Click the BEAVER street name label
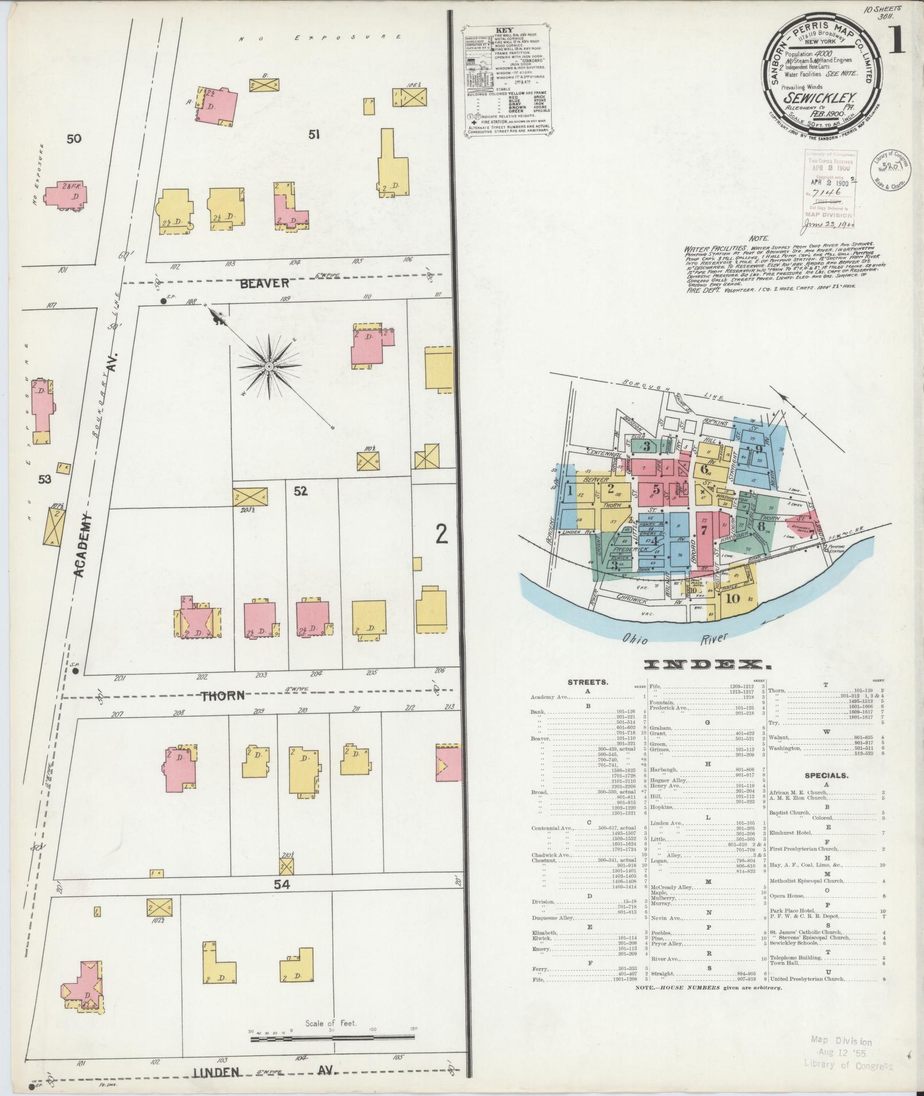click(x=265, y=283)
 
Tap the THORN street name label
click(x=223, y=696)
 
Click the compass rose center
click(x=268, y=366)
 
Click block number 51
click(x=313, y=135)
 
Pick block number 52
click(x=300, y=491)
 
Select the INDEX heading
click(x=707, y=665)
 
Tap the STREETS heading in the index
click(x=588, y=682)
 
